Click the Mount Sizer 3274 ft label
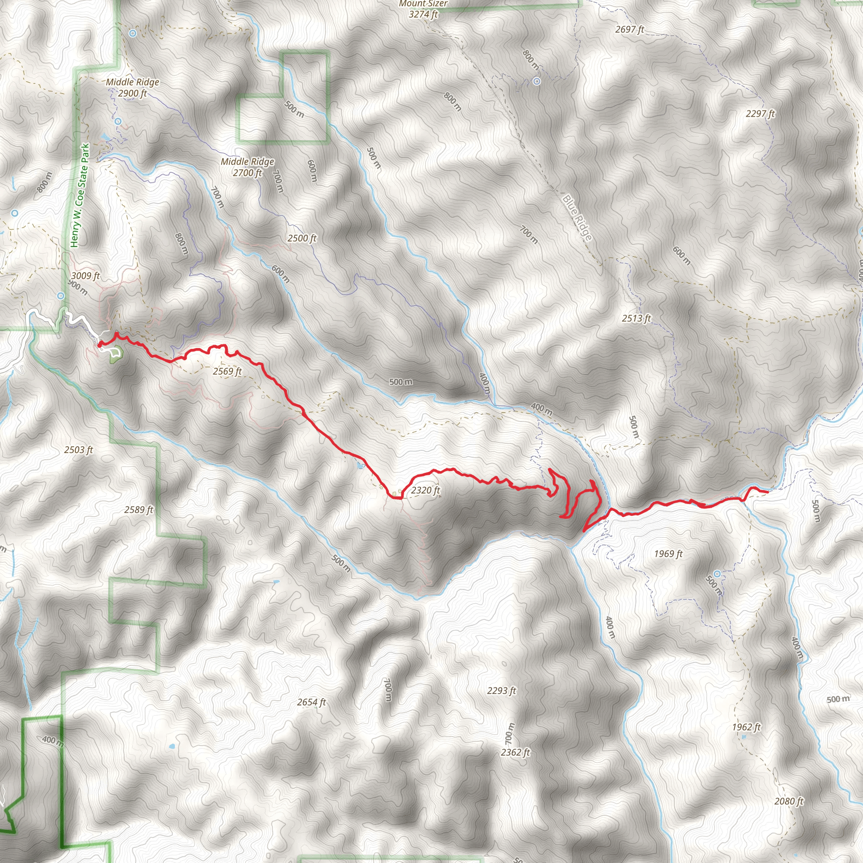click(x=423, y=9)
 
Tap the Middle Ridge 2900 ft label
click(x=132, y=88)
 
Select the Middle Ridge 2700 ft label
click(x=247, y=167)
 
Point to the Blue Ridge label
click(x=577, y=218)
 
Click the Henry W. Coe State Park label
click(x=80, y=195)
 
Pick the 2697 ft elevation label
click(x=630, y=29)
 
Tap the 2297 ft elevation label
click(x=760, y=114)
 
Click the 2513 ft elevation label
click(x=636, y=319)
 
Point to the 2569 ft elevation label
click(x=228, y=372)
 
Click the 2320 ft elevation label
click(x=425, y=490)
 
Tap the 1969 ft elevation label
click(x=668, y=554)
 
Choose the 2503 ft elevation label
click(x=79, y=450)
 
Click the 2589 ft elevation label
click(x=139, y=510)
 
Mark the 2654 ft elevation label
click(x=311, y=702)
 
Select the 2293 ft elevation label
click(x=501, y=691)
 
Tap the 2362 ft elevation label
click(x=515, y=752)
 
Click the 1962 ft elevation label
click(x=746, y=727)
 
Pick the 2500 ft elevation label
click(x=302, y=239)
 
